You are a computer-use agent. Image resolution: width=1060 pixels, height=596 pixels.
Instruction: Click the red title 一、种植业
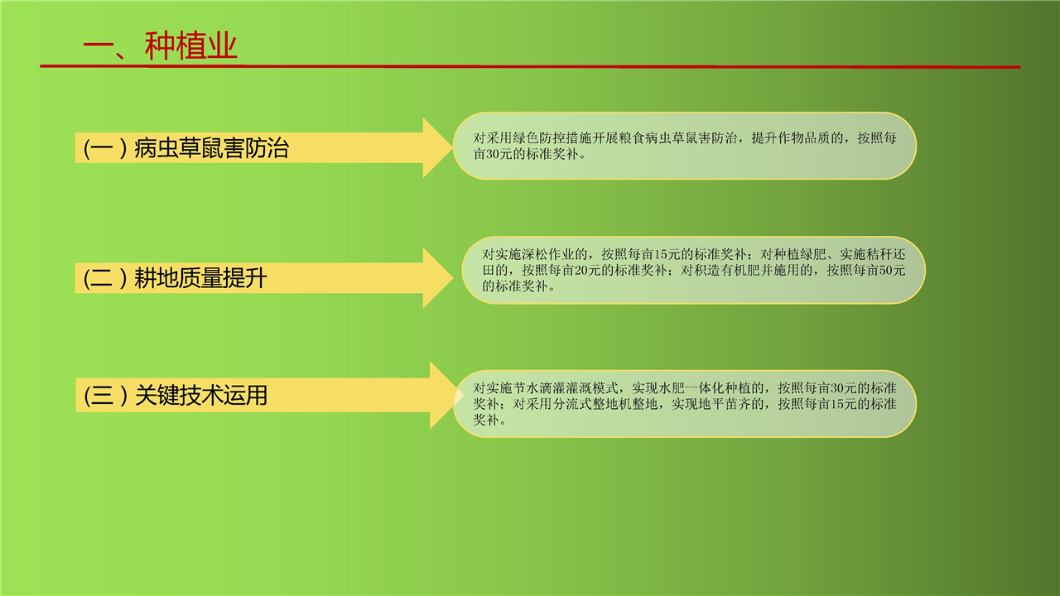pyautogui.click(x=160, y=46)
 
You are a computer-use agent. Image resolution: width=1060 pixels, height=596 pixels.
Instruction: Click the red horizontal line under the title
pyautogui.click(x=530, y=66)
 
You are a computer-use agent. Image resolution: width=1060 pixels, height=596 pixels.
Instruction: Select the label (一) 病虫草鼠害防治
pyautogui.click(x=186, y=148)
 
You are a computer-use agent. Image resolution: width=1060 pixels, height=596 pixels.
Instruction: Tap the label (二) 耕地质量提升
pyautogui.click(x=175, y=277)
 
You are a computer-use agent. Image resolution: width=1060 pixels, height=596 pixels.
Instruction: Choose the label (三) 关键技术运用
pyautogui.click(x=176, y=395)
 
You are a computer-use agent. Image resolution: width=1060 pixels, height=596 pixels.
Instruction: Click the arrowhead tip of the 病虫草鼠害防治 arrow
pyautogui.click(x=452, y=147)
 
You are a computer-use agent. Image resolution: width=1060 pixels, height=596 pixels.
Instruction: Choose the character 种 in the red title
pyautogui.click(x=160, y=46)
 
